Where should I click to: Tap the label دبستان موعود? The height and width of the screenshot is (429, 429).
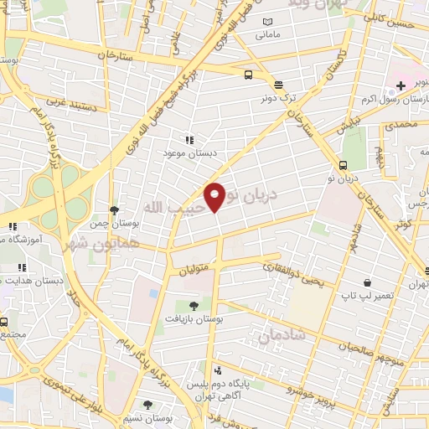pos(190,155)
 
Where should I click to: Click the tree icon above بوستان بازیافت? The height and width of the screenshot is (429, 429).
pos(194,305)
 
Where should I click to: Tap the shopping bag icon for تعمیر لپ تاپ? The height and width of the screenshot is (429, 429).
pos(366,282)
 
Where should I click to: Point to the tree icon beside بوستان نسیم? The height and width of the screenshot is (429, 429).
pos(148,405)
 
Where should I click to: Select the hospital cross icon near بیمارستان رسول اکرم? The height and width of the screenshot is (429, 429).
pos(402,85)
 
